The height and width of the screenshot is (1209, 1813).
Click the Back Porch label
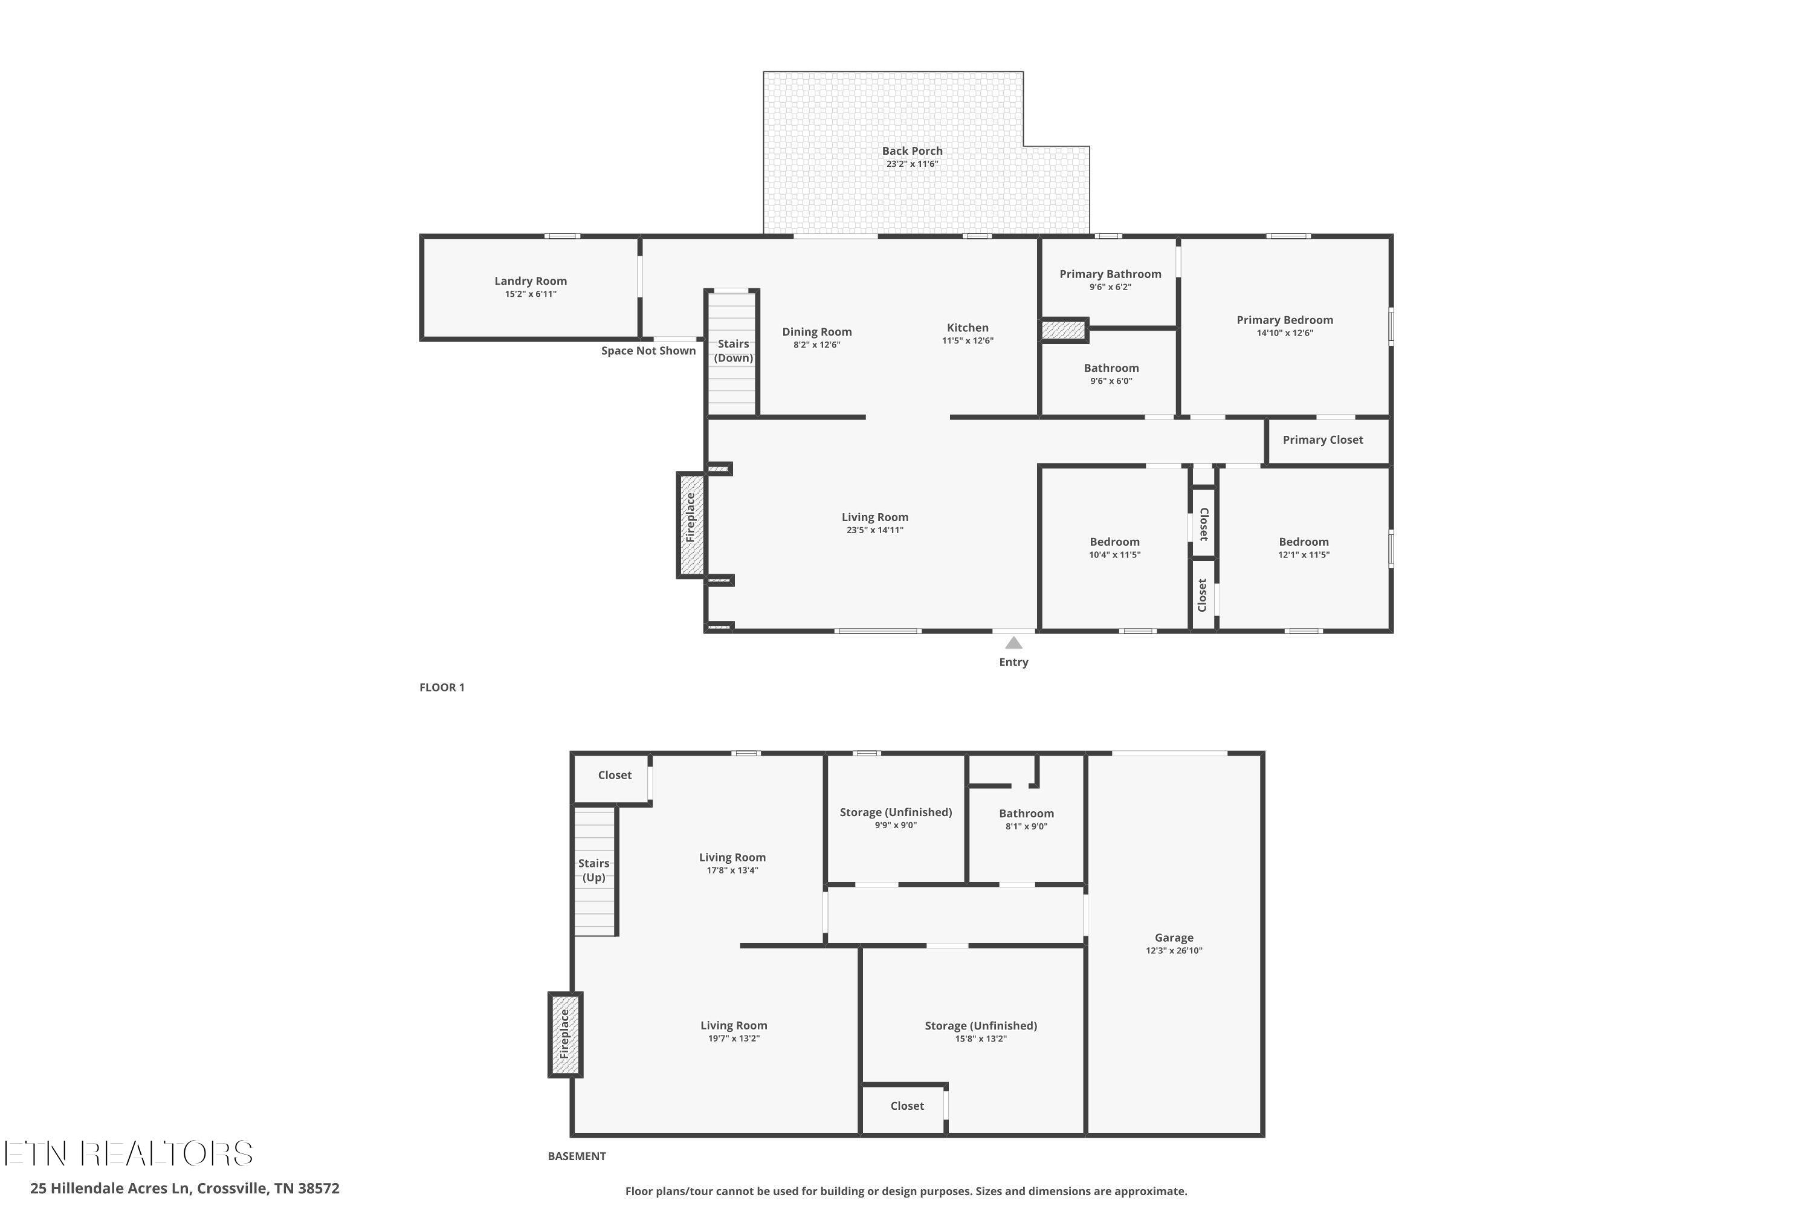pos(912,151)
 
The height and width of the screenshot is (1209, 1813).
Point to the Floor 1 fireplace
pos(691,524)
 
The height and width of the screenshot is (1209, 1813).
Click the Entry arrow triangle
pos(1013,642)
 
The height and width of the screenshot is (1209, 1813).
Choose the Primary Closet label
pos(1323,439)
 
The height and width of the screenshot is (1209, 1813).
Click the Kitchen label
pos(968,328)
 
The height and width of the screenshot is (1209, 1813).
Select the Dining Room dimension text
pos(816,345)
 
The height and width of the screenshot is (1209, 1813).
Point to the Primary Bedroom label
pos(1284,320)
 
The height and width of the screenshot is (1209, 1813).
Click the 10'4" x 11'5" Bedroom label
pos(1114,542)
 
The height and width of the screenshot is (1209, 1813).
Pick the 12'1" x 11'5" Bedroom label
pos(1304,542)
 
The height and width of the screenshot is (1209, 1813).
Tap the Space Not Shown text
pos(648,351)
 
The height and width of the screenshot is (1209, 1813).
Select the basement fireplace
pos(565,1034)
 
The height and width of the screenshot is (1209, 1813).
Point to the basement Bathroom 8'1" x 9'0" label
pos(1026,814)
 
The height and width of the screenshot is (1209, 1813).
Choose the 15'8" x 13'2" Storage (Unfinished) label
pos(980,1025)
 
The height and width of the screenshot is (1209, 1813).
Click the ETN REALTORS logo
pos(129,1153)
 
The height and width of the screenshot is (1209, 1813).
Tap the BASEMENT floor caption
pos(577,1156)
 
